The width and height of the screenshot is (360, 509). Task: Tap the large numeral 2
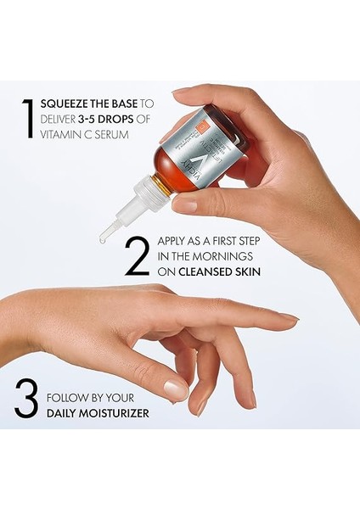(x=137, y=257)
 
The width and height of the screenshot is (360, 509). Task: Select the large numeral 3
(x=26, y=400)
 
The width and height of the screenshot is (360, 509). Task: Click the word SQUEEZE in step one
(x=62, y=104)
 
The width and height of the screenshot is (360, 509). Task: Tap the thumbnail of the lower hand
(x=177, y=389)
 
